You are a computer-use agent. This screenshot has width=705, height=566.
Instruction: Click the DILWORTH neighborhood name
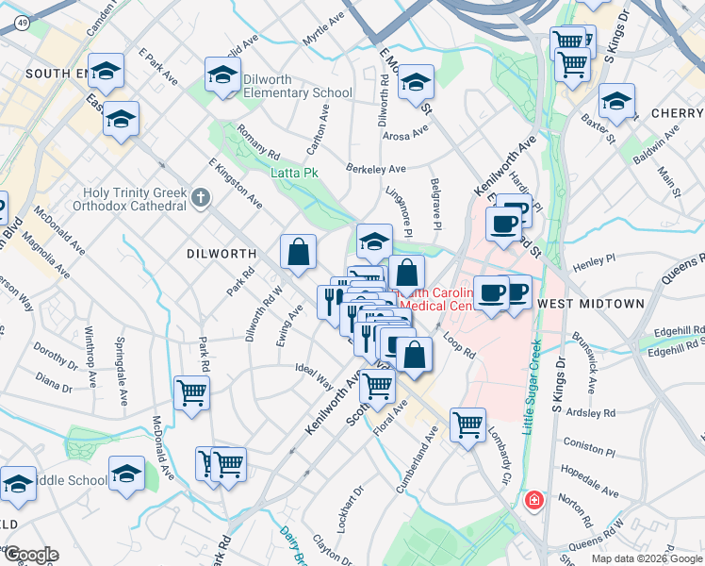(x=221, y=254)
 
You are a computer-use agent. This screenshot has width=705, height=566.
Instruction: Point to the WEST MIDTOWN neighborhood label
(x=590, y=304)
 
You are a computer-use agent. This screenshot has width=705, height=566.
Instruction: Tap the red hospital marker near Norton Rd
(x=534, y=499)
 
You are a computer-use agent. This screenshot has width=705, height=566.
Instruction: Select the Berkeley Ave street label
(x=375, y=169)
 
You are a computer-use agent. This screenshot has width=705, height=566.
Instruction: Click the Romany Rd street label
(x=259, y=142)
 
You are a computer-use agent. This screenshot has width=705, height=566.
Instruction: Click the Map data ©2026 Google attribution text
(x=647, y=558)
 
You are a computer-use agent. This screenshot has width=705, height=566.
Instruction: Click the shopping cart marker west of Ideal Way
(x=191, y=394)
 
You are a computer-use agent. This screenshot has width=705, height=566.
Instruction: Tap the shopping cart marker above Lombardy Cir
(x=467, y=425)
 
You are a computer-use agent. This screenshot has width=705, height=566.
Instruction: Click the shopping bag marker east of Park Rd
(x=298, y=253)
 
